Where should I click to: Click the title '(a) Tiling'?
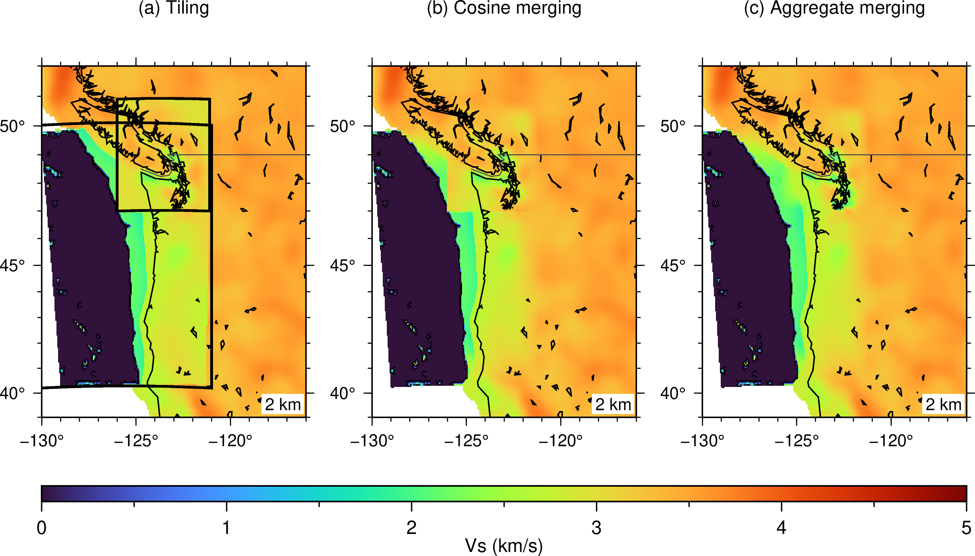174,8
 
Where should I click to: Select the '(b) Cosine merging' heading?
504,8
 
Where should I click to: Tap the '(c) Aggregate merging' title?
834,8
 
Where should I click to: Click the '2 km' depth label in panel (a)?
283,405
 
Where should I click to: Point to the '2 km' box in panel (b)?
613,405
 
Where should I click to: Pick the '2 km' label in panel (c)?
943,405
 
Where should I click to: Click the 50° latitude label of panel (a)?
12,126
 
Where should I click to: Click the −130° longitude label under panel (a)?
42,441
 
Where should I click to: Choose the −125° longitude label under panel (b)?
466,441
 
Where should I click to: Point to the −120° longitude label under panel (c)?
891,441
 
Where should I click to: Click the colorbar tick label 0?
42,528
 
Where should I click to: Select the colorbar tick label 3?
597,528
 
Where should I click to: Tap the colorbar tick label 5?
967,528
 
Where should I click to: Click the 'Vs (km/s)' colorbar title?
504,546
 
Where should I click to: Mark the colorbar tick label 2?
412,528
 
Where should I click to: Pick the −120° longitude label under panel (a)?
230,441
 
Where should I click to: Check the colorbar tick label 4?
782,528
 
